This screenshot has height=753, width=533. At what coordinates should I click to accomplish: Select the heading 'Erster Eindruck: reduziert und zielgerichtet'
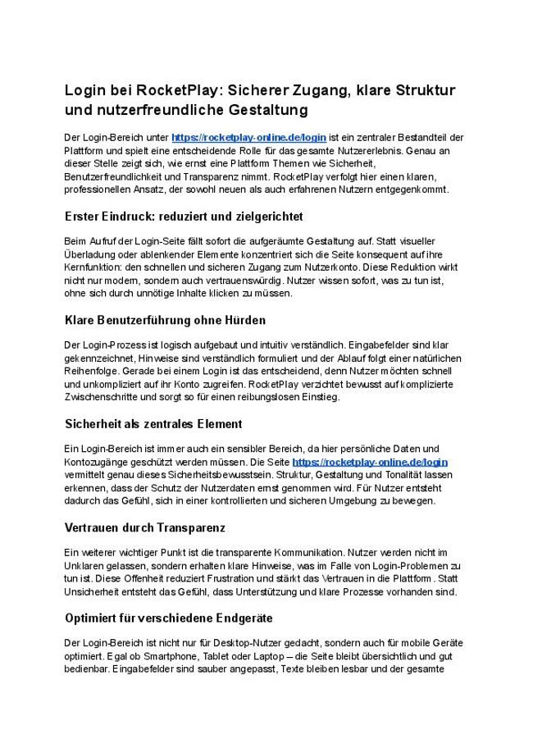click(184, 217)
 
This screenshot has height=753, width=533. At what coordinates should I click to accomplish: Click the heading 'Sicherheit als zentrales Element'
click(153, 424)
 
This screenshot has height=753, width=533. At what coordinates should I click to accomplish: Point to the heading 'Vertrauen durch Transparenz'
click(144, 527)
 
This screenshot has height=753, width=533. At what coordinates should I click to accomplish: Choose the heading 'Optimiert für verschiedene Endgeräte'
click(168, 618)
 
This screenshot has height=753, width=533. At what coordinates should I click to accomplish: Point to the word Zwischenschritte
click(105, 397)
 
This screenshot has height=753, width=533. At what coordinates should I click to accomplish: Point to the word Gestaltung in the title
click(251, 109)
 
